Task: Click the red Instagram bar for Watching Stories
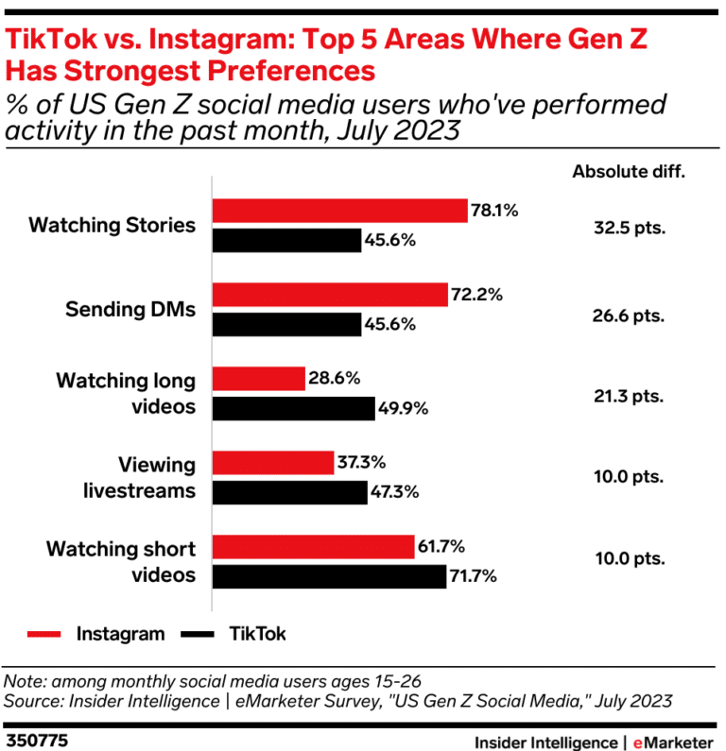tap(340, 212)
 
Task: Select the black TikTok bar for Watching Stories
tap(287, 241)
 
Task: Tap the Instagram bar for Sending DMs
tap(330, 295)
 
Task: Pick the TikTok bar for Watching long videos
tap(294, 408)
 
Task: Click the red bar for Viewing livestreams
tap(273, 463)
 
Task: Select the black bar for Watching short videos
tap(329, 576)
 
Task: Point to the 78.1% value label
tap(494, 212)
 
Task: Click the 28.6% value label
tap(334, 379)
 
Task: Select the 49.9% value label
tap(404, 408)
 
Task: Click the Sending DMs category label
tap(130, 309)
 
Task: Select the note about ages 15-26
tap(212, 680)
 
